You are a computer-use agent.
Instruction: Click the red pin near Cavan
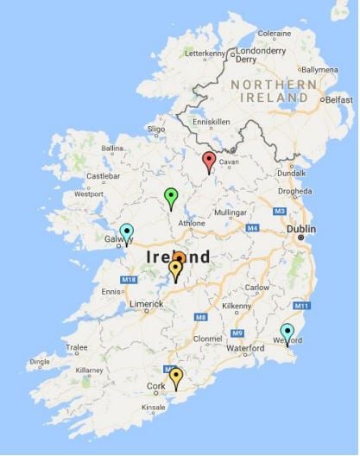coord(208,160)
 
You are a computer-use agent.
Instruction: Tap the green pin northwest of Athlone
coord(171,196)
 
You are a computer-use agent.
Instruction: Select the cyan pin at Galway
coord(127,232)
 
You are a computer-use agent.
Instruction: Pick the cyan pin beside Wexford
coord(287,332)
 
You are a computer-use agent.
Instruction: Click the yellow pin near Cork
coord(176,376)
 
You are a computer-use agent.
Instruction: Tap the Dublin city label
coord(300,229)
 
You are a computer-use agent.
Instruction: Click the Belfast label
coord(338,99)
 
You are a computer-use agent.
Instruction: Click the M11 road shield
coord(301,306)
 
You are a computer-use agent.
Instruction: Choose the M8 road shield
coord(200,318)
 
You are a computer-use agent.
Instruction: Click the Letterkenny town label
coord(204,53)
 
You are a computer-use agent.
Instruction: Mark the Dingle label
coord(40,363)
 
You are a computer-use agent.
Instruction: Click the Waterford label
coord(245,348)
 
